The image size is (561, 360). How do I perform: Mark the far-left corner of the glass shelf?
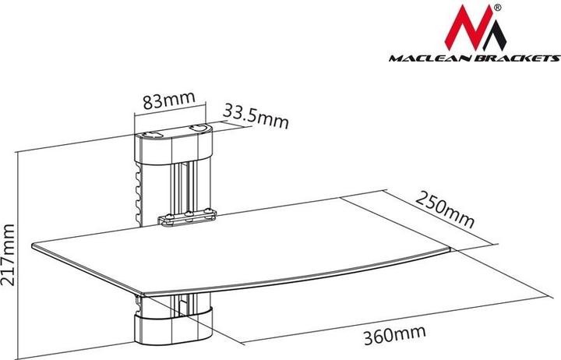pyautogui.click(x=33, y=249)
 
